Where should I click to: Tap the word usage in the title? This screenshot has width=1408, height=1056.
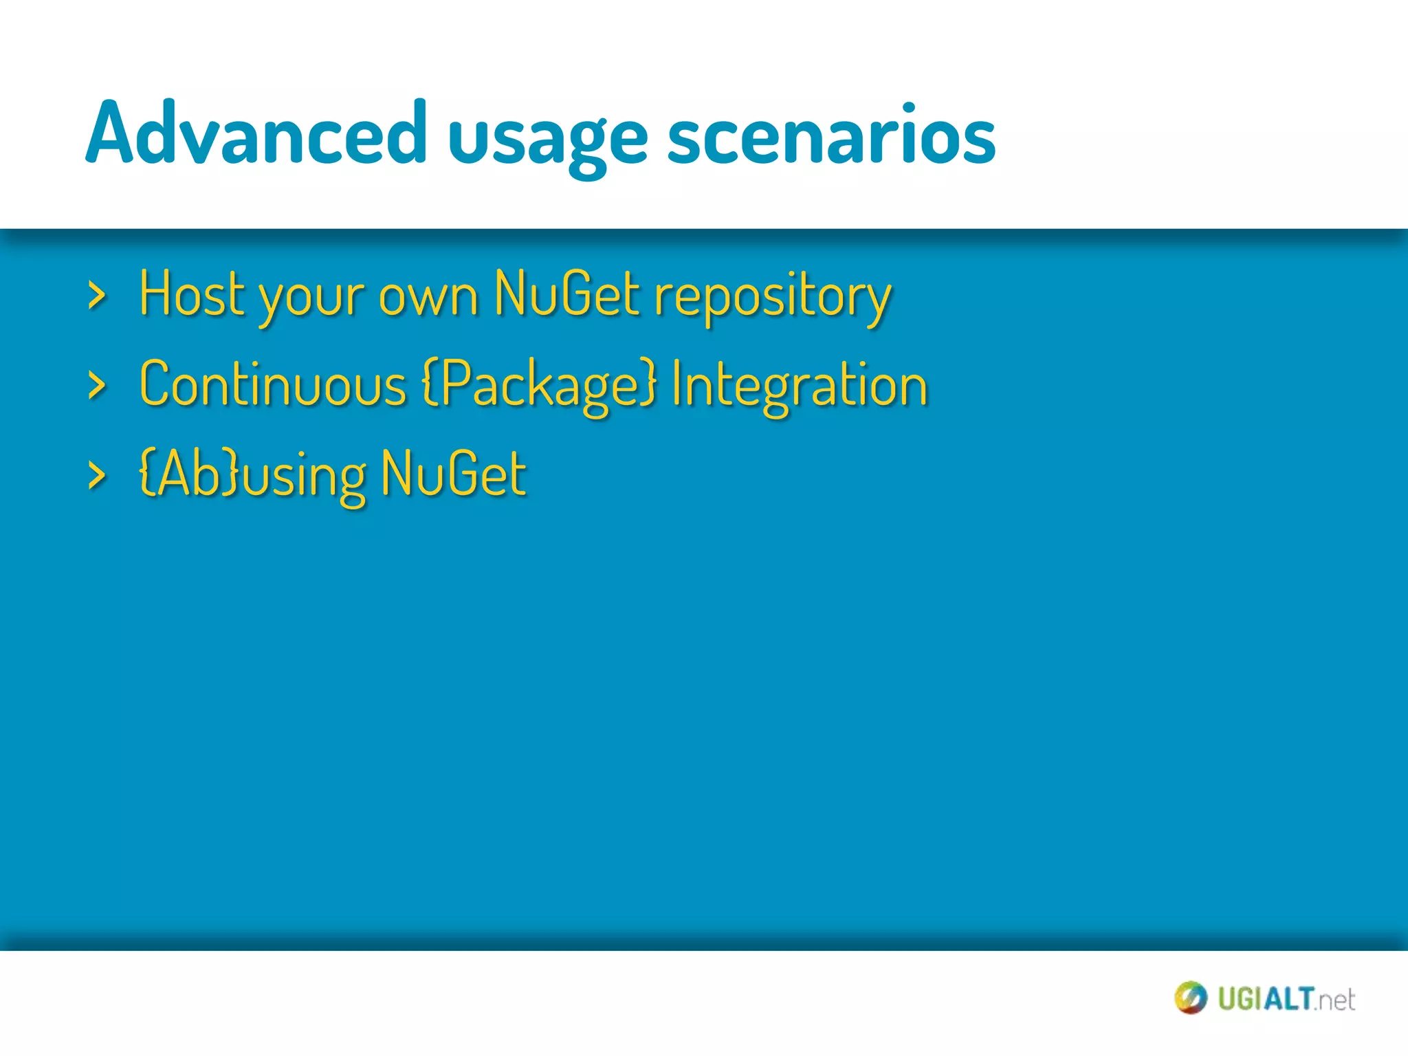(x=547, y=137)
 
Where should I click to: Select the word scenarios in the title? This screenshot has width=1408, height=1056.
(x=831, y=134)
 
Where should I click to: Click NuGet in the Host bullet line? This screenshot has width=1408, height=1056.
(x=567, y=294)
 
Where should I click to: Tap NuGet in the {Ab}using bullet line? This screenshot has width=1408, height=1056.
(x=454, y=474)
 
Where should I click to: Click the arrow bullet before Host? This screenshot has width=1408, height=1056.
(x=97, y=296)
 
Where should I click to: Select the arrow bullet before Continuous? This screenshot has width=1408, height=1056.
(x=97, y=386)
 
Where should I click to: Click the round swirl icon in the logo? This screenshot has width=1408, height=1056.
(x=1190, y=998)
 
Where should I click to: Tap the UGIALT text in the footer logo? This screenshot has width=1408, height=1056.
(x=1266, y=999)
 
